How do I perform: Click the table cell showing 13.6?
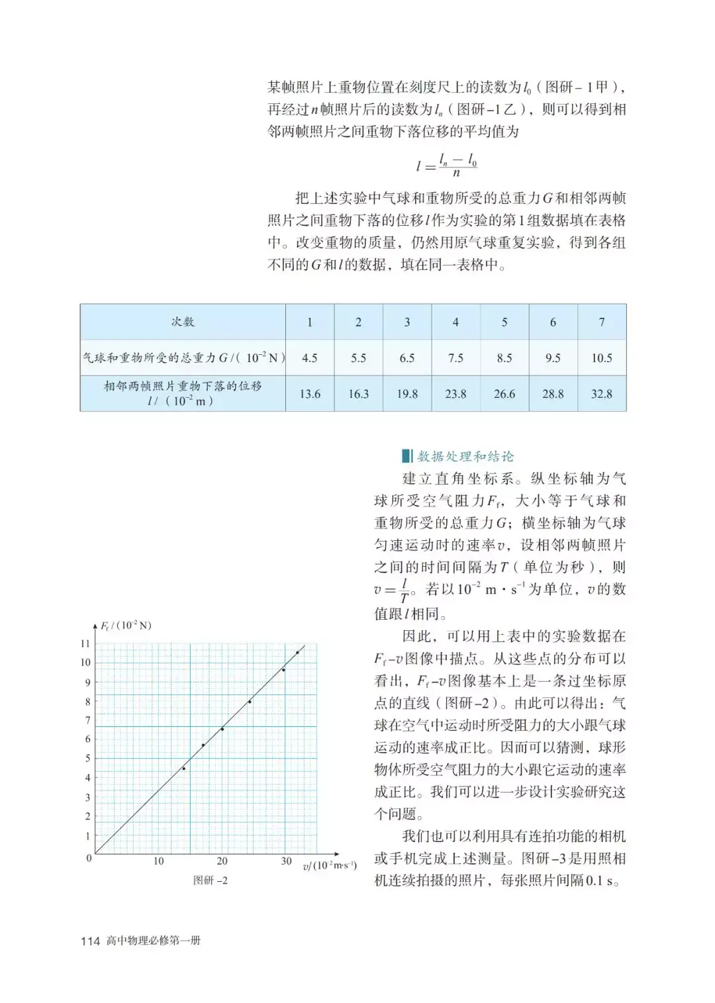coord(310,394)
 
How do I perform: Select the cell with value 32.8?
coord(601,394)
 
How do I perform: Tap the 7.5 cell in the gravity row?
coord(455,358)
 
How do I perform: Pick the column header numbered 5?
coord(504,322)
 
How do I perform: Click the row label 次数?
coord(183,322)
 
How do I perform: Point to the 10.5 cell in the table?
coord(601,358)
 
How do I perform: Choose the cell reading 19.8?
coord(407,394)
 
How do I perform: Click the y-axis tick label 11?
coord(85,644)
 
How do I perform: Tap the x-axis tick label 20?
coord(222,861)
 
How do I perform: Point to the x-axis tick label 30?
coord(286,861)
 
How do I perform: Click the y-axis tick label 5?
coord(87,759)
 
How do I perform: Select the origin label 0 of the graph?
coord(89,858)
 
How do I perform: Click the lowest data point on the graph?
coord(184,768)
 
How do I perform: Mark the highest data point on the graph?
coord(297,653)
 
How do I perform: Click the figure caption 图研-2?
coord(210,881)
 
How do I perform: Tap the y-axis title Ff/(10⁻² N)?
coord(126,626)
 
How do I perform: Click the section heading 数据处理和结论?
coord(465,456)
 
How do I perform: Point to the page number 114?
coord(90,941)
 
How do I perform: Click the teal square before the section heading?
coord(406,456)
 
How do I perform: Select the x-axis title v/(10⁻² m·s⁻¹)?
coord(330,866)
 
